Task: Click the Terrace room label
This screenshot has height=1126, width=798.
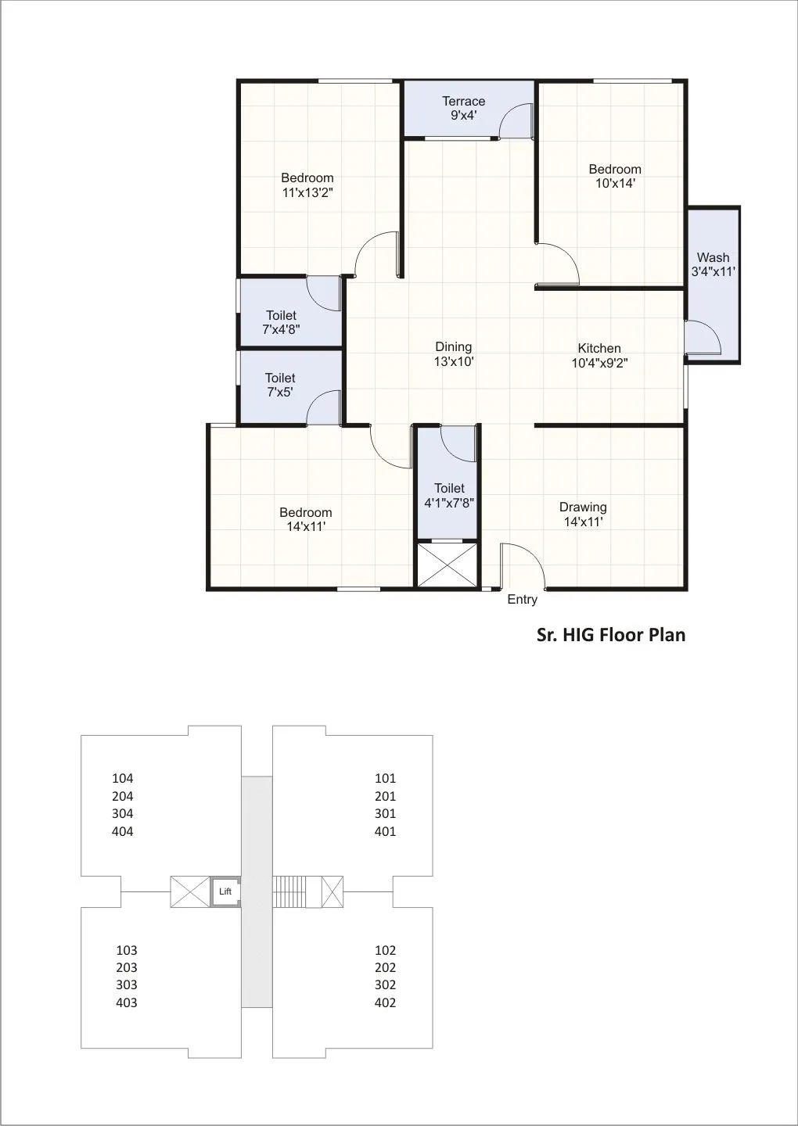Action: [463, 101]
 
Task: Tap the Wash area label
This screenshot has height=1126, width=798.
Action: [713, 257]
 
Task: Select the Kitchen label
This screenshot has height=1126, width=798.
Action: [599, 349]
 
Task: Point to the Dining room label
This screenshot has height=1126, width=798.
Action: [454, 346]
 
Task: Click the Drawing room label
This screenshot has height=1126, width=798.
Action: [583, 507]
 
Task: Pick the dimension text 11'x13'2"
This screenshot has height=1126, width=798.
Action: [307, 192]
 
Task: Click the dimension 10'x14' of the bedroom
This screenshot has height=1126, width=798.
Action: [615, 184]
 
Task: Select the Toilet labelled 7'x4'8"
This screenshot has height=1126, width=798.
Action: [281, 322]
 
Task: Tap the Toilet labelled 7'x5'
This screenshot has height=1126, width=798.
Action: [280, 385]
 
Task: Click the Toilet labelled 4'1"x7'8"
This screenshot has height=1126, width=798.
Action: [450, 496]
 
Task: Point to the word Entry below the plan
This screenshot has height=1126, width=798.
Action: [522, 600]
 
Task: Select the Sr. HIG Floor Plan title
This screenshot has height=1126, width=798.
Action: [610, 635]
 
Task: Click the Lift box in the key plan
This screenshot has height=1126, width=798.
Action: [225, 891]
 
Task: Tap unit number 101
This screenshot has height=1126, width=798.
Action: [385, 778]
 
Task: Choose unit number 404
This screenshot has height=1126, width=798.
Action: [123, 831]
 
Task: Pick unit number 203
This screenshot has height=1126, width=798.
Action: [127, 967]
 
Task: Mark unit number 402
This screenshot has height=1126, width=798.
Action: [385, 1002]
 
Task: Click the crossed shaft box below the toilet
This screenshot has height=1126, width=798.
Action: [447, 565]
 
